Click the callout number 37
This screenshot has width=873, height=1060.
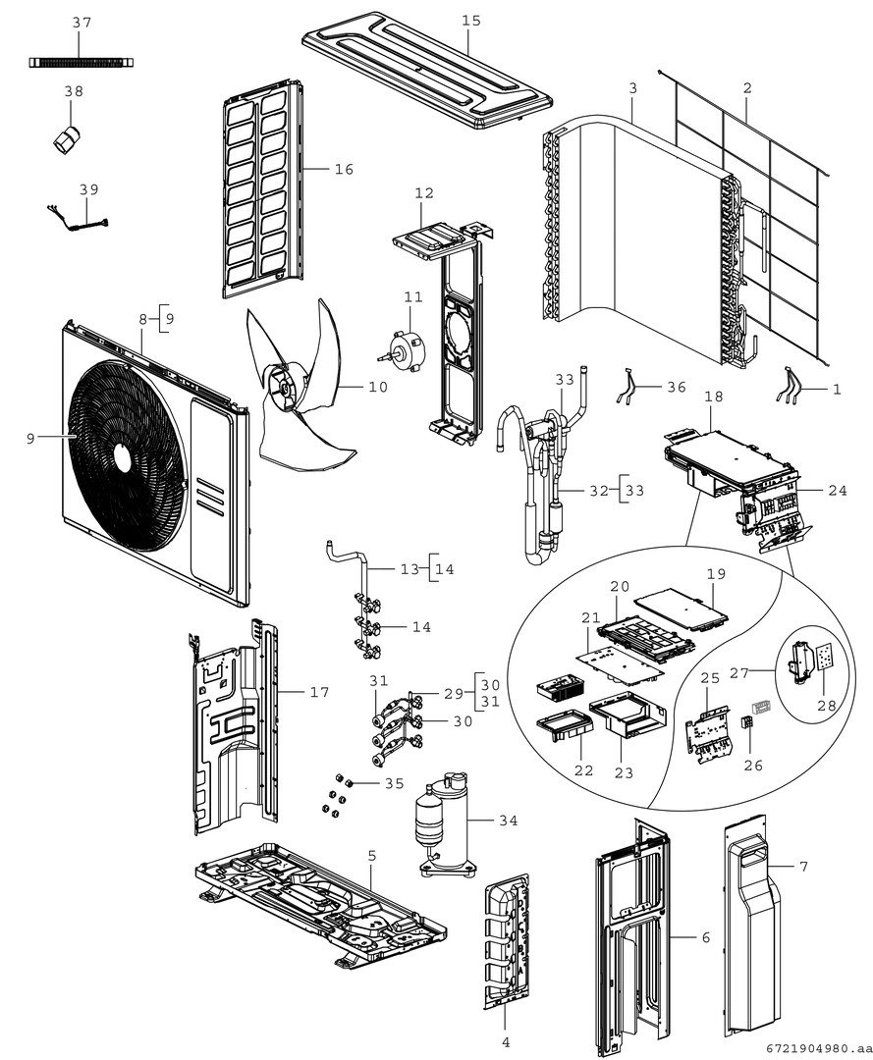(x=82, y=22)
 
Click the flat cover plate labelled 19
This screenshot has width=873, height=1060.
(x=680, y=606)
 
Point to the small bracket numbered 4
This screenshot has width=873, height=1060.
(x=506, y=942)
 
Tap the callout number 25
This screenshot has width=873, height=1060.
(x=710, y=677)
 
